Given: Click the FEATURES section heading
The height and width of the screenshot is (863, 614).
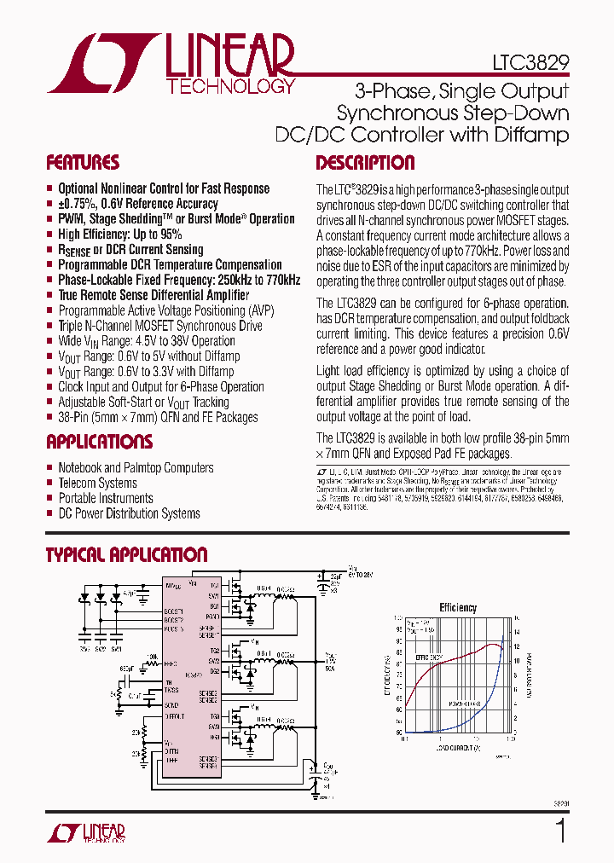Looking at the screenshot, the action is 83,163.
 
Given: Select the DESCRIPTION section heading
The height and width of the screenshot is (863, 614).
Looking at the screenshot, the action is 365,163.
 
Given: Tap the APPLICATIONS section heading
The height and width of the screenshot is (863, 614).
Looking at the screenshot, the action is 99,442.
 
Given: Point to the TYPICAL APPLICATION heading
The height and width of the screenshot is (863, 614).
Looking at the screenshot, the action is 126,555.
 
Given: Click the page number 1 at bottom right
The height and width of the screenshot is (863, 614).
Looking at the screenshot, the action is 560,831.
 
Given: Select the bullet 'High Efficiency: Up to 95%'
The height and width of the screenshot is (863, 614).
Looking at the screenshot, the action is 119,235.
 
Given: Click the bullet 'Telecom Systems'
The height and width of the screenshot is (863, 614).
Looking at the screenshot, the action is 97,484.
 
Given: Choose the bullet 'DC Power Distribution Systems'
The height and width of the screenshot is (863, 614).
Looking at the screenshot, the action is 129,514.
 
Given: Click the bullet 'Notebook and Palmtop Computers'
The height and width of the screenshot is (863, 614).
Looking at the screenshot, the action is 136,468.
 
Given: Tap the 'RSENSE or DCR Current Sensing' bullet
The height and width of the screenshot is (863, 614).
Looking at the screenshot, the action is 130,250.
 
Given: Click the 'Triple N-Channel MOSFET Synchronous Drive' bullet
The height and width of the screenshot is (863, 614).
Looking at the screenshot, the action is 160,326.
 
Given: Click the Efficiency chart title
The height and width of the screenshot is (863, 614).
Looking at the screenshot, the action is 458,608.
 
